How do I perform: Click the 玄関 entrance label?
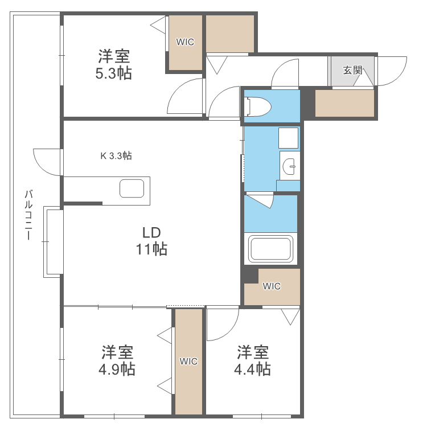[x=352, y=71]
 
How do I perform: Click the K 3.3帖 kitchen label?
[x=117, y=155]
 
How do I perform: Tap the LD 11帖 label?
[x=151, y=241]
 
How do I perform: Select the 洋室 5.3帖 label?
[x=114, y=65]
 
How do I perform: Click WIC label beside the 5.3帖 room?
[x=184, y=42]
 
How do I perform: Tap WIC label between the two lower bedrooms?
[x=188, y=361]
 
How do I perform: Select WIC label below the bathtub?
[x=272, y=286]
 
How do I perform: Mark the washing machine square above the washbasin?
[x=289, y=138]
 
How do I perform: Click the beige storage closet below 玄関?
[x=344, y=104]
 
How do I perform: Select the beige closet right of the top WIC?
[x=229, y=34]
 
